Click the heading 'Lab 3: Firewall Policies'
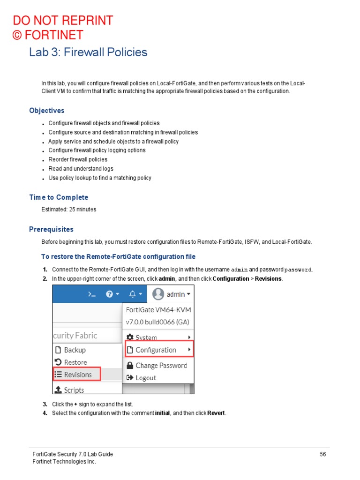point(88,52)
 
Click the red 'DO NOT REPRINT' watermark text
point(63,21)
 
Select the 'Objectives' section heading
point(47,111)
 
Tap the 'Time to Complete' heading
point(59,197)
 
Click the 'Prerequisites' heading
point(51,229)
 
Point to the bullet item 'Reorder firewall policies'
point(78,159)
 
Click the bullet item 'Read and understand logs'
point(81,169)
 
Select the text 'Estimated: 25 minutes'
point(69,210)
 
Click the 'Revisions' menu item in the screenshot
point(77,374)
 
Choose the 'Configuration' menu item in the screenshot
point(156,350)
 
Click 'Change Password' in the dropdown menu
point(161,366)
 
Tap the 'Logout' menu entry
point(145,378)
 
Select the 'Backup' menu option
point(75,350)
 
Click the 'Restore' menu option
point(75,362)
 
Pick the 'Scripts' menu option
point(74,390)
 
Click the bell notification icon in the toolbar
point(133,294)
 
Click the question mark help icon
point(110,294)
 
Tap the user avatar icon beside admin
point(158,294)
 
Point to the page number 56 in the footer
point(322,454)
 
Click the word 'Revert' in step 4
point(216,413)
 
